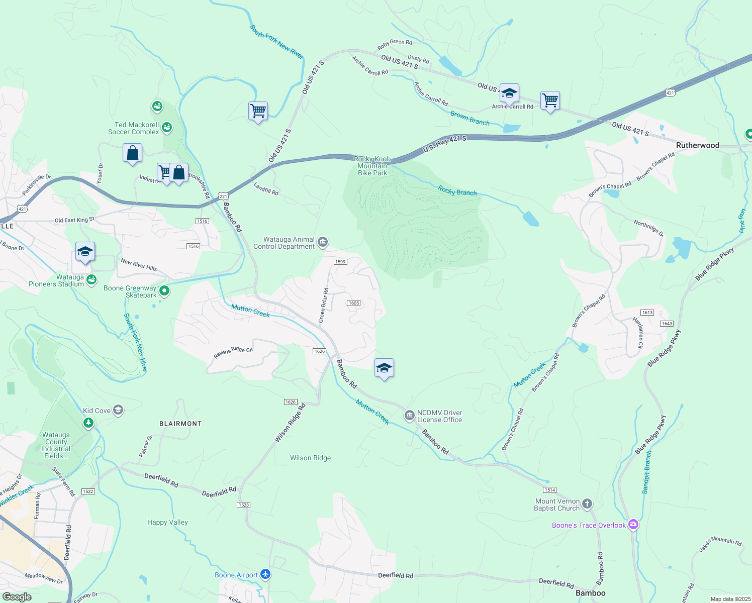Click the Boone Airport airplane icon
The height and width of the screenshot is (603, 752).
(265, 574)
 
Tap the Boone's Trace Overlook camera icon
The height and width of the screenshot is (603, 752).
(633, 525)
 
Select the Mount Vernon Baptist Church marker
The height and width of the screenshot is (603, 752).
(587, 504)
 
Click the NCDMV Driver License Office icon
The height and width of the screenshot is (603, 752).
(410, 416)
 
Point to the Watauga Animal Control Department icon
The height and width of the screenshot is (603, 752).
(323, 243)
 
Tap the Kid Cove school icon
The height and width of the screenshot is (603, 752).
(118, 411)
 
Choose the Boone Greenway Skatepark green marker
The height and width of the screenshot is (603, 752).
(164, 291)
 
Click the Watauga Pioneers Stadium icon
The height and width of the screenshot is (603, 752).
(91, 280)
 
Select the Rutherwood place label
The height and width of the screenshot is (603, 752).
(697, 145)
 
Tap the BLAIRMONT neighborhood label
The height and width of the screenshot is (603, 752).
(180, 424)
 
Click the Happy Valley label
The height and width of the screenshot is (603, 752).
(167, 522)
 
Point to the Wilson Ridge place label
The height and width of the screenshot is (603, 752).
(310, 458)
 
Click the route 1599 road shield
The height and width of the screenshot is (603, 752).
(340, 262)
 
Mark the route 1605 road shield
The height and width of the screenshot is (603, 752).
(354, 303)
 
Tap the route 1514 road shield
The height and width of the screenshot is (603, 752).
(549, 490)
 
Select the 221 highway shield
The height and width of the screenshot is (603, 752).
(224, 196)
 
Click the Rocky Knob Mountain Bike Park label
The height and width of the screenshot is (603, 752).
(372, 166)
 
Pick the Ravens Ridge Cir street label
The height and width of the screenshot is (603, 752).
(233, 352)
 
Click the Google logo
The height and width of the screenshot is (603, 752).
(17, 597)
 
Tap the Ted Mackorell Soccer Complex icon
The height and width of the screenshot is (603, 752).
(167, 128)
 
